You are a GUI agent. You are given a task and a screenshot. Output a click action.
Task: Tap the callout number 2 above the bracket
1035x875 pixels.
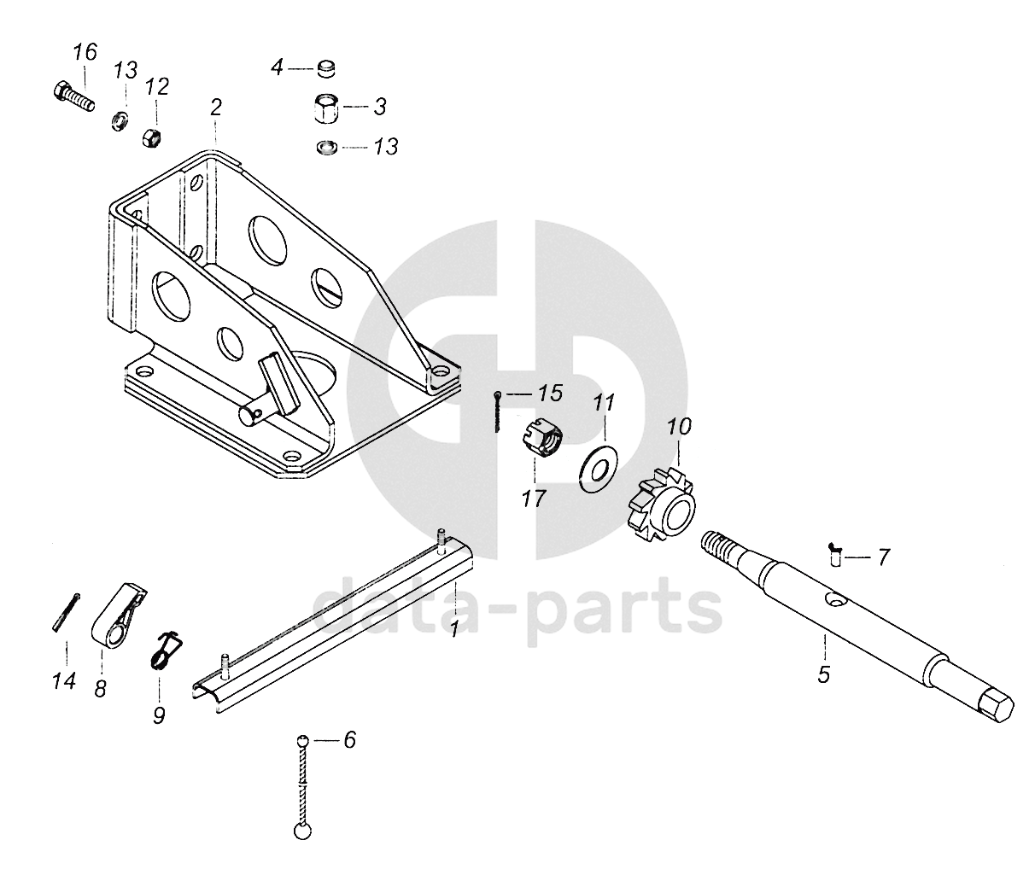(215, 108)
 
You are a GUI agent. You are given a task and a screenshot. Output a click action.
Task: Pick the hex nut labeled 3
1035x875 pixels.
(325, 108)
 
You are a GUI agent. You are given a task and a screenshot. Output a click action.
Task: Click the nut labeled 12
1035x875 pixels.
(152, 136)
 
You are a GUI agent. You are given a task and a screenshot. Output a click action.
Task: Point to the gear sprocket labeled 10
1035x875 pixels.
(664, 504)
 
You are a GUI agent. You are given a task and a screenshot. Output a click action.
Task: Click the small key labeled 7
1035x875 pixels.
(836, 555)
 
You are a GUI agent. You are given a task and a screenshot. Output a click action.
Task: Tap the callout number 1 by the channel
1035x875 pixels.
(454, 629)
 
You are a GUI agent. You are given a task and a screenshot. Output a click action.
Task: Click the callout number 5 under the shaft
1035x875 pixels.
(823, 674)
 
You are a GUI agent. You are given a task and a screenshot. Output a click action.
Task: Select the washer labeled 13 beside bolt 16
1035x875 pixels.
(119, 119)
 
